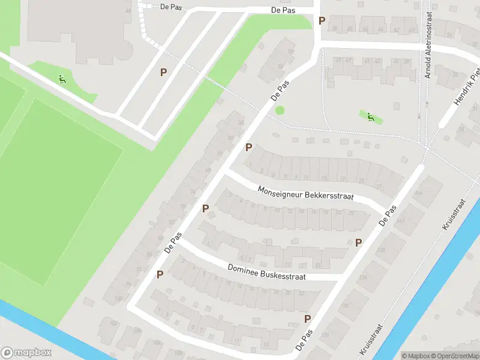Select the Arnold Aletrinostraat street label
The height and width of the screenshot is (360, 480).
click(428, 45)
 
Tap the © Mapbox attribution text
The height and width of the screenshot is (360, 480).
click(416, 356)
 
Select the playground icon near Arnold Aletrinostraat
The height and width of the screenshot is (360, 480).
click(371, 116)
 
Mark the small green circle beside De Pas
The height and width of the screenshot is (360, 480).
click(280, 110)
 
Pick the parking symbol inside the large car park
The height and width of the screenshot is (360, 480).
click(163, 72)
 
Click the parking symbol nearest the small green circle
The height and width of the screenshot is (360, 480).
click(248, 147)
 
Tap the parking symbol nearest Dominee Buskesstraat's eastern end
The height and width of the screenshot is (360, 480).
click(358, 242)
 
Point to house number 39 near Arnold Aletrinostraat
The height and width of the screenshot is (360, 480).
click(406, 61)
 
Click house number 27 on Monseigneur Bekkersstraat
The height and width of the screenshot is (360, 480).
click(379, 187)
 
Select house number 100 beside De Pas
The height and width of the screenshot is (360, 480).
click(118, 298)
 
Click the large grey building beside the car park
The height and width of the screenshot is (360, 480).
click(78, 27)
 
